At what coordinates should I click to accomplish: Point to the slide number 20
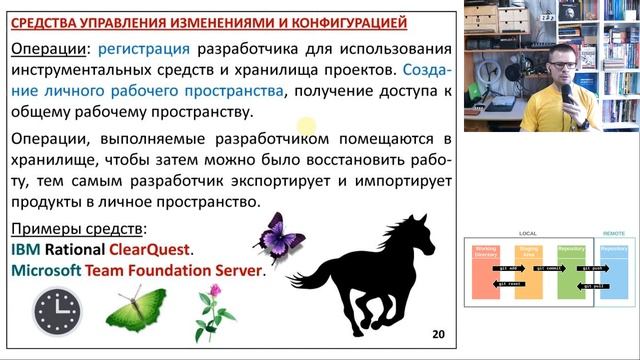tap(438, 334)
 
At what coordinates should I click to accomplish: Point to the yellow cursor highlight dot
tap(306, 125)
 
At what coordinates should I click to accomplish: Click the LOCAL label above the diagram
tap(528, 233)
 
